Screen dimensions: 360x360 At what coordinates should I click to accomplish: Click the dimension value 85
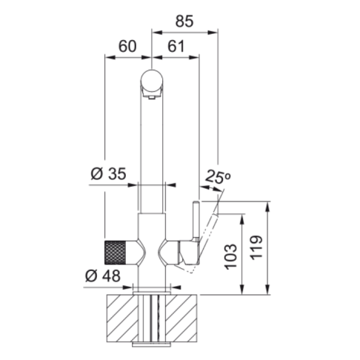click(x=184, y=21)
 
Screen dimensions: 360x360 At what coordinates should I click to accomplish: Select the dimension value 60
click(x=127, y=47)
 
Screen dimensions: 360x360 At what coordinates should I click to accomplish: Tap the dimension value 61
click(x=176, y=47)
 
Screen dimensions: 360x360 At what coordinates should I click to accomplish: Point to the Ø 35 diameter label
click(x=108, y=174)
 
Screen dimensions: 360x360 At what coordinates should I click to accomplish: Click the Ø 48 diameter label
click(x=103, y=276)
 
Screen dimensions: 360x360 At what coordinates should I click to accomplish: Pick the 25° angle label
click(x=218, y=176)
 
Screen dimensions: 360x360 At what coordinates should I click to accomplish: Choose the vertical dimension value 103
click(x=230, y=256)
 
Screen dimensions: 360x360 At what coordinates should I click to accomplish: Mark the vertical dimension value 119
click(x=256, y=247)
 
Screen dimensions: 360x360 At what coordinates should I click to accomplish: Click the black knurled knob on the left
click(x=116, y=253)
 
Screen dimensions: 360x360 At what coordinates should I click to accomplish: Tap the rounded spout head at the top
click(x=151, y=81)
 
